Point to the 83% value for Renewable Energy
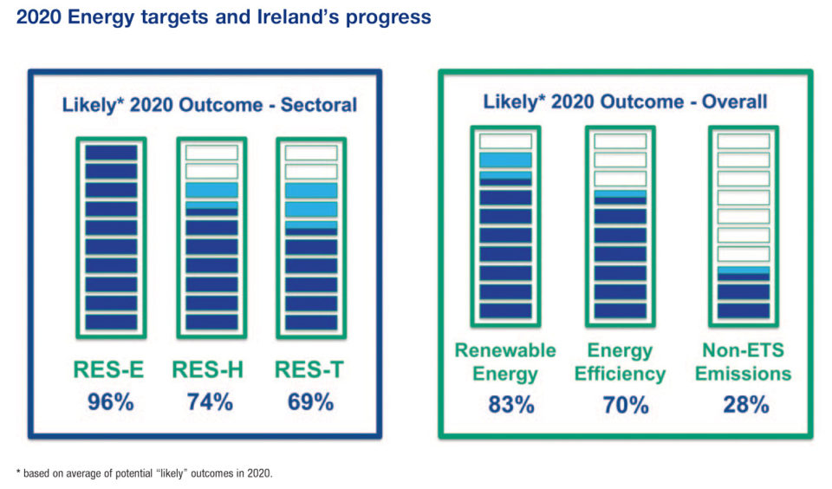pos(505,404)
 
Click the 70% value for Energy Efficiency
pos(626,404)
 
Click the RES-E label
pos(110,371)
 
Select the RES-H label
pos(208,371)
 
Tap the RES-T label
pos(309,371)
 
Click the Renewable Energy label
pos(505,362)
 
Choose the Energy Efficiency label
pos(626,362)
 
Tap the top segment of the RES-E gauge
pos(111,153)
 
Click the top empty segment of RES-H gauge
pos(211,153)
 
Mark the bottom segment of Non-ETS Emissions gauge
pos(743,310)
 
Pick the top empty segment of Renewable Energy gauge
pos(505,141)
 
